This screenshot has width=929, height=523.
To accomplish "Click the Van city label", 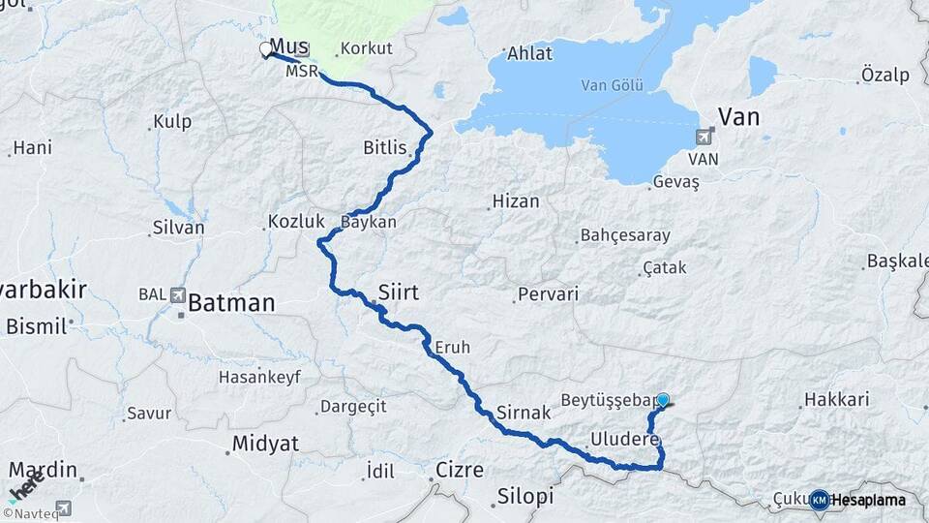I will click(x=737, y=117).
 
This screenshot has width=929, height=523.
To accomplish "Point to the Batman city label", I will click(x=231, y=303).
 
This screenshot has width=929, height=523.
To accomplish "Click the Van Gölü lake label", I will click(x=612, y=85).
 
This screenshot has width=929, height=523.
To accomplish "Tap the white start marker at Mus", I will click(x=266, y=49).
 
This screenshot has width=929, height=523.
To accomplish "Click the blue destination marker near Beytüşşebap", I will click(x=663, y=399).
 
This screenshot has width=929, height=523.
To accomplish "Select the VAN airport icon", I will click(x=704, y=138).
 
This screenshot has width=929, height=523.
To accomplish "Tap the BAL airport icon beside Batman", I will click(x=177, y=294).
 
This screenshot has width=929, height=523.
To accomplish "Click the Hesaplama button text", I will click(x=869, y=500).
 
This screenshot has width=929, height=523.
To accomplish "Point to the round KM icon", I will click(x=820, y=500).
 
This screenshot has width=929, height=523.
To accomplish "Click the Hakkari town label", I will click(x=837, y=399).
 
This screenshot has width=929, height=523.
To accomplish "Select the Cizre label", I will click(x=460, y=470).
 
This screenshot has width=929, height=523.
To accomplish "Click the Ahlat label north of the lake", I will click(x=530, y=53).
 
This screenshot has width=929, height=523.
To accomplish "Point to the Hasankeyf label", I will click(x=259, y=375).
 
